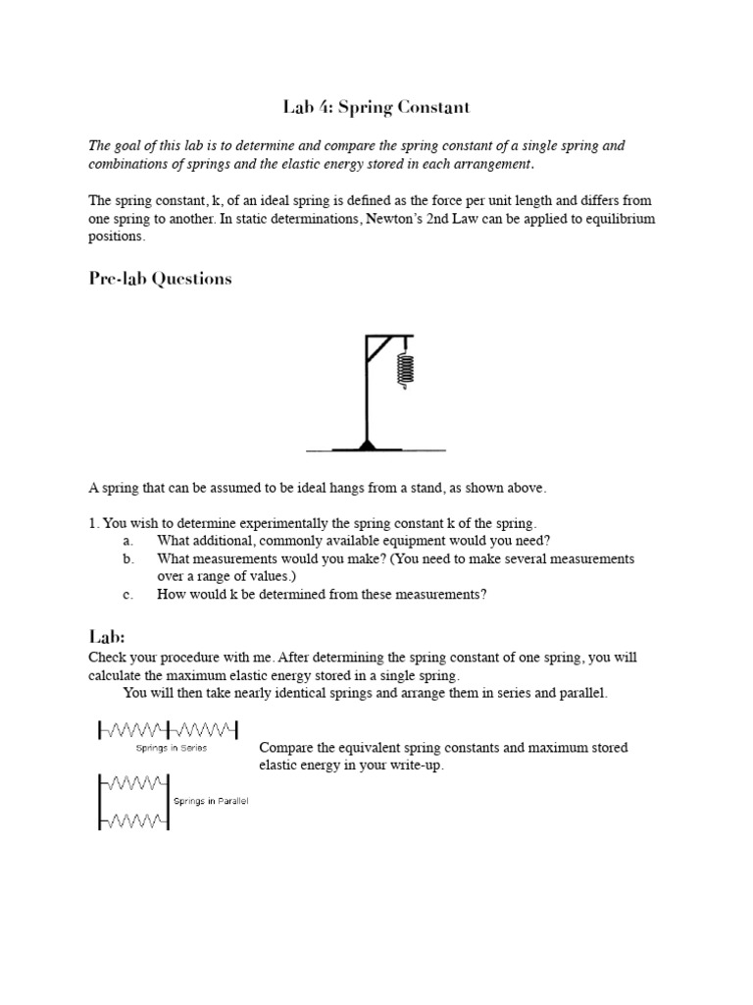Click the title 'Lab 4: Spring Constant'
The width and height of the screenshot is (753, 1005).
click(x=376, y=105)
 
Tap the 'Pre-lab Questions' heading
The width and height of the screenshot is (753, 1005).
click(x=160, y=279)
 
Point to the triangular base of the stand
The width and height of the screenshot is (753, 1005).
click(x=367, y=445)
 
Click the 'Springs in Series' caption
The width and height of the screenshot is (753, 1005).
click(x=172, y=747)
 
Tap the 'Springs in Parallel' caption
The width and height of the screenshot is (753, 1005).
click(x=211, y=802)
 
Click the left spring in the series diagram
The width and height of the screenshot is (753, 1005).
click(x=133, y=729)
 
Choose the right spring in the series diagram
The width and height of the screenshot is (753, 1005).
click(x=203, y=729)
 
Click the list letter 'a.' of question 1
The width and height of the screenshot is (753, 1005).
click(x=127, y=541)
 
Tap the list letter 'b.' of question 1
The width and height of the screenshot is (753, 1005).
click(x=127, y=558)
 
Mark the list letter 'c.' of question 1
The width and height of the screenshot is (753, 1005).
click(x=127, y=594)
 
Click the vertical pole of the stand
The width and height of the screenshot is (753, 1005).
click(x=367, y=393)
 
